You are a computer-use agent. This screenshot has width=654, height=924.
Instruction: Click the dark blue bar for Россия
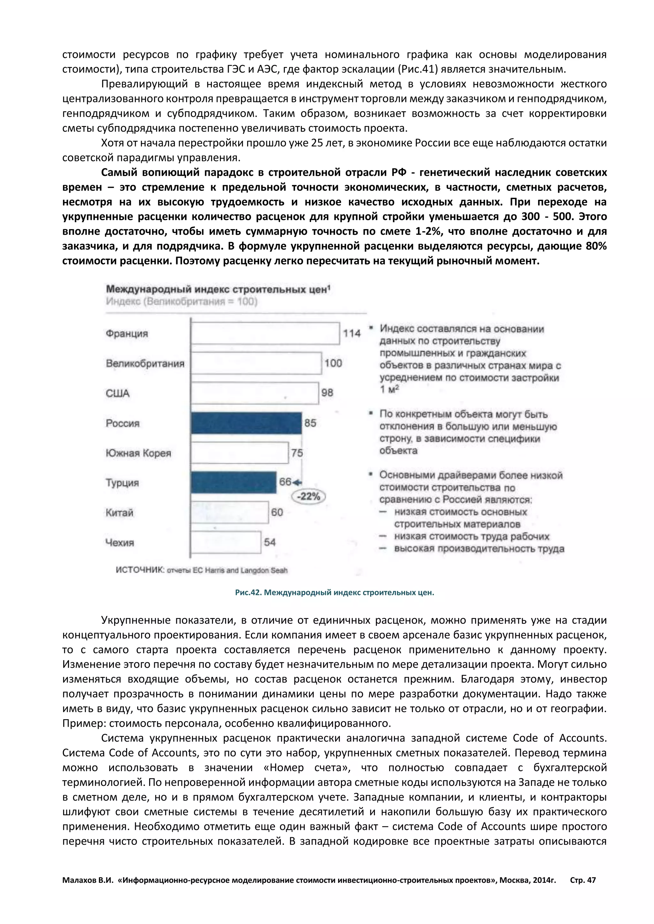coord(247,423)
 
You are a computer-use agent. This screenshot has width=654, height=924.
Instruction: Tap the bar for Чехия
coord(226,542)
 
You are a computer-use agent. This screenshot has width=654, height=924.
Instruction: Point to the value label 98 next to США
coord(327,392)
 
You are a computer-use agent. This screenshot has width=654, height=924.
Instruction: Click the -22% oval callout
coord(308,496)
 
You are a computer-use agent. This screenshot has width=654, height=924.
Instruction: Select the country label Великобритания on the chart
coord(145,363)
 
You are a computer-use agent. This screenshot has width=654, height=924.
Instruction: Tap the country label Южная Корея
coord(138,453)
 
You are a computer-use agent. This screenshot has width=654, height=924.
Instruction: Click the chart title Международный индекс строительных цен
coord(217,289)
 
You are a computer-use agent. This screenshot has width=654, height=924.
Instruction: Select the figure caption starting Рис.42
coord(334,592)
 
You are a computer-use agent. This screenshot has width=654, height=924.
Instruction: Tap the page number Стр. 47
coord(583,880)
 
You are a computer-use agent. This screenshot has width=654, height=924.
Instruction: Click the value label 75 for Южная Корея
coord(297,453)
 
